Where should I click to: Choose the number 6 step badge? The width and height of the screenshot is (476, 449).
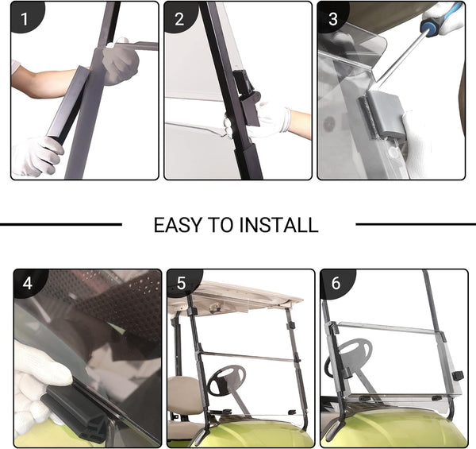(336, 284)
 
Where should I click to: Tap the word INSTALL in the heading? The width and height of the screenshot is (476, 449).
(278, 225)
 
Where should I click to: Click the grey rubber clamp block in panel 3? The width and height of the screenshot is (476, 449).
(383, 115)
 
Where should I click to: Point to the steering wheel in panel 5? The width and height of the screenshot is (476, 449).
(226, 380)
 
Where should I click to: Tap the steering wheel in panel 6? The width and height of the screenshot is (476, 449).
(349, 356)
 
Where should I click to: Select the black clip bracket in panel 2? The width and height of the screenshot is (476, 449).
(248, 97)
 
